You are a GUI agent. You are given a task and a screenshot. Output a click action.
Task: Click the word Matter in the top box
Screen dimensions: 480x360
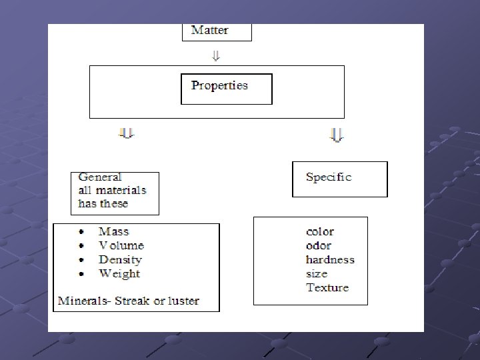coord(209,30)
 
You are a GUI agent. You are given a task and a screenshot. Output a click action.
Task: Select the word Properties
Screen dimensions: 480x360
coord(219,85)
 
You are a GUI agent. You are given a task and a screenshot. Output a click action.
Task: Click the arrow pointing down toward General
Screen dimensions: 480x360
coord(127,134)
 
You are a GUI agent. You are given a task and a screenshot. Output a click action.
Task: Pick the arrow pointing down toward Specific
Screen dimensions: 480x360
coord(337,136)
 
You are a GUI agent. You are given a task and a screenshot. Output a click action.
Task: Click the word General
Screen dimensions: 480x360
coord(100,177)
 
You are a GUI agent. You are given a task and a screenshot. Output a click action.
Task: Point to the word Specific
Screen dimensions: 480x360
coord(328,177)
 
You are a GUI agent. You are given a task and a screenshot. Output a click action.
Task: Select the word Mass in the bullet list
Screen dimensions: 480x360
coord(113,231)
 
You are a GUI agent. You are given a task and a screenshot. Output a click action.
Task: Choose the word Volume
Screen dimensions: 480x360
coord(121,245)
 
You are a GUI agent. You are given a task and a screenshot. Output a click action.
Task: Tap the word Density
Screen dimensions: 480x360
coord(120,259)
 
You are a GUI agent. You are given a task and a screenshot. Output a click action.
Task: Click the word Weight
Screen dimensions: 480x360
coord(119,273)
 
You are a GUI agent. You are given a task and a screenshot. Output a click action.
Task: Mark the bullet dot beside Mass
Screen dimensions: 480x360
coord(81,232)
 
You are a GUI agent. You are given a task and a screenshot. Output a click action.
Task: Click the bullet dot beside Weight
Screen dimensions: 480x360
coord(81,274)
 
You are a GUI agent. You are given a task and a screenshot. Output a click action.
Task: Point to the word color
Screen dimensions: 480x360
coord(320,232)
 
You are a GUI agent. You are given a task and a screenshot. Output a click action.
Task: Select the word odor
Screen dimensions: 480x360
coord(319,245)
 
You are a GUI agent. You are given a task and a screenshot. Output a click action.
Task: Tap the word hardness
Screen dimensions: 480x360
coord(330,259)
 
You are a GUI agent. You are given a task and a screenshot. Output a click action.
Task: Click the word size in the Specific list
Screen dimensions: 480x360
coord(317,273)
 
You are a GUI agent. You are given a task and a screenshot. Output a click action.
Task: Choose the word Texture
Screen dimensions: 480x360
coord(327,287)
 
